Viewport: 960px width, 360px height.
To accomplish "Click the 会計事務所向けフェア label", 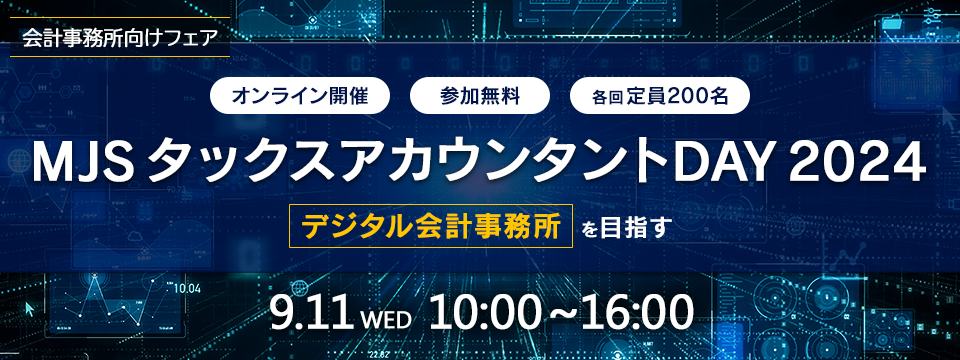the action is click(x=119, y=37).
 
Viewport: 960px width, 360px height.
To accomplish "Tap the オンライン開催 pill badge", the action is click(x=300, y=96).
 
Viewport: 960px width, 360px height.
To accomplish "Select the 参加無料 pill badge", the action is click(x=479, y=96).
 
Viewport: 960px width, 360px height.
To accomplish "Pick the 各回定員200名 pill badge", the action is click(x=659, y=96).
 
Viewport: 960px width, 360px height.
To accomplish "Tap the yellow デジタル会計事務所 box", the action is click(x=430, y=226).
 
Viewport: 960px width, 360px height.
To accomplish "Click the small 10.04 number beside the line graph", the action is click(x=187, y=288).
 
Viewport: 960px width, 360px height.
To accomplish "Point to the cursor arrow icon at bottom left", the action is click(x=29, y=308).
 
